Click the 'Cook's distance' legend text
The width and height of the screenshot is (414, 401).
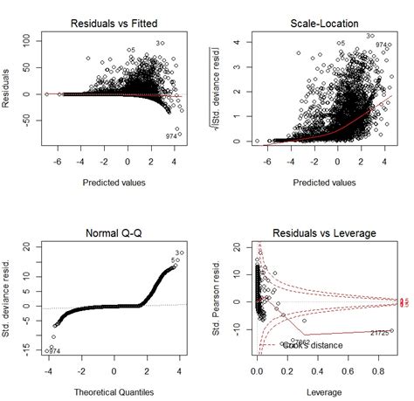[312, 345]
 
